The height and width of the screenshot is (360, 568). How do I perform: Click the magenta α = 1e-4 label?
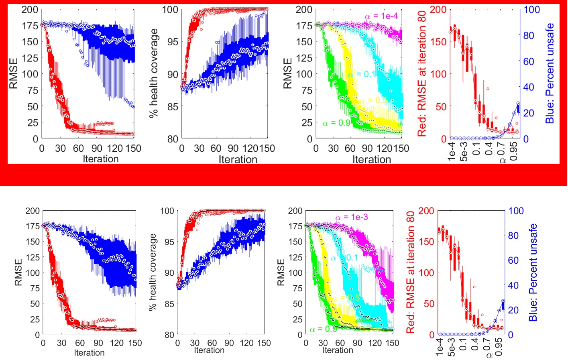[x=381, y=16]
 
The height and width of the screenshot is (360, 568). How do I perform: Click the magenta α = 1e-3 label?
[x=351, y=217]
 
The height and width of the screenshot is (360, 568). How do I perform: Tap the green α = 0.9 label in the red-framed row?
[x=336, y=123]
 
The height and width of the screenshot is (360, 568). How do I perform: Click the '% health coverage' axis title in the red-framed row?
[x=153, y=73]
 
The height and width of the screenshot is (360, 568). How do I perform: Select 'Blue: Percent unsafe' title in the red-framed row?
[x=550, y=73]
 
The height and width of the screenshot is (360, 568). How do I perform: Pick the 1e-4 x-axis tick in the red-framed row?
[x=451, y=151]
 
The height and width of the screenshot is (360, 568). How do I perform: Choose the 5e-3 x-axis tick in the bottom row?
[x=452, y=347]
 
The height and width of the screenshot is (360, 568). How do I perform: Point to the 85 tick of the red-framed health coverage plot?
[x=173, y=107]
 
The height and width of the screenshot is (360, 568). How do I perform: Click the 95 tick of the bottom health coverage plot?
[x=169, y=242]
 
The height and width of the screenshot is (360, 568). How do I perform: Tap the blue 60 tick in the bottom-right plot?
[x=513, y=260]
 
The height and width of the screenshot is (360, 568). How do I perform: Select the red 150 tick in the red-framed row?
[x=438, y=42]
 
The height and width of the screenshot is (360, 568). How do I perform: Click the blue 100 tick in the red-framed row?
[x=532, y=10]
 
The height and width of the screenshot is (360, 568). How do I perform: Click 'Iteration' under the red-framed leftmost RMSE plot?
[x=100, y=159]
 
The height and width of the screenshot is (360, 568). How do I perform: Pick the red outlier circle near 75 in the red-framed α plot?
[x=488, y=89]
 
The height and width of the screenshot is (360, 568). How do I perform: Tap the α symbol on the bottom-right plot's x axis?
[x=489, y=355]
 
